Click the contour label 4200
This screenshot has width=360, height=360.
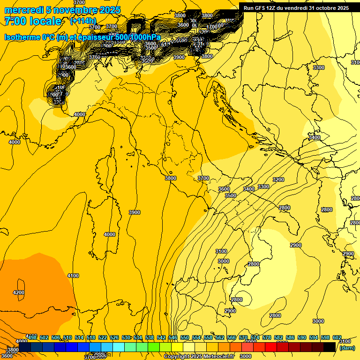[x=19, y=292]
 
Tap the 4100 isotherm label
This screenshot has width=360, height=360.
[x=73, y=276]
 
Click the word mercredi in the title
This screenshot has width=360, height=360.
[x=23, y=10]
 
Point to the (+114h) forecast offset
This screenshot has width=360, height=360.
[x=83, y=21]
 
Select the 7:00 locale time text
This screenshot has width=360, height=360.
[x=33, y=21]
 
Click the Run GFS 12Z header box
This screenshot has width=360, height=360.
[x=296, y=8]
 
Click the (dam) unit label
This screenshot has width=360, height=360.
[x=347, y=348]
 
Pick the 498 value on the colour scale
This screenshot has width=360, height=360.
[x=32, y=337]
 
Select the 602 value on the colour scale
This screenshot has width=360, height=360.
[x=337, y=337]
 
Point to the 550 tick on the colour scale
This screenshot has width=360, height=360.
[x=184, y=337]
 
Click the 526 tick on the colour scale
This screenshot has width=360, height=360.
[x=114, y=337]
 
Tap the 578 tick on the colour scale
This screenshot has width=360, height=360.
[x=266, y=337]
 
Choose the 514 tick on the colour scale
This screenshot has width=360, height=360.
[x=79, y=337]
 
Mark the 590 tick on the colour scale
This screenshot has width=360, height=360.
[x=301, y=337]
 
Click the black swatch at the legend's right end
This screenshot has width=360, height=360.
[x=330, y=347]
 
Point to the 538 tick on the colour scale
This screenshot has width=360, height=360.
[x=149, y=337]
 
